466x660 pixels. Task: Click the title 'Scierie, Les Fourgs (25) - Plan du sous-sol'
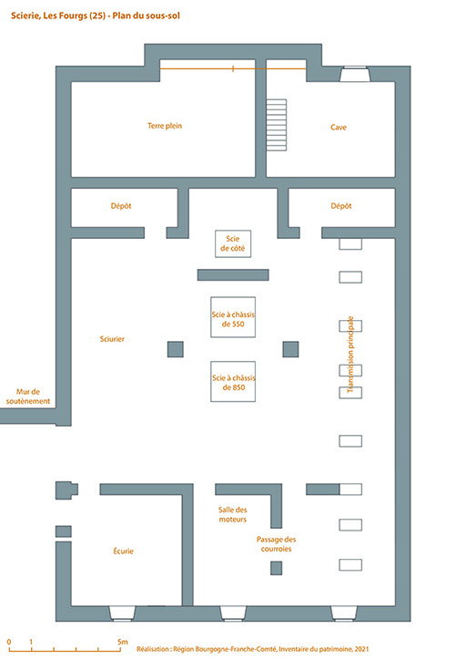(x=96, y=16)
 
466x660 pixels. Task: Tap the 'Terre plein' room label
(x=165, y=126)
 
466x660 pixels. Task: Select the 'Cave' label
(x=339, y=127)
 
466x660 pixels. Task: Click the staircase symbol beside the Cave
(x=277, y=125)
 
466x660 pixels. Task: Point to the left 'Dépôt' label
(x=121, y=206)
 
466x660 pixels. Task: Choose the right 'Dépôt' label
(x=341, y=206)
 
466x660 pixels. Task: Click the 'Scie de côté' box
(x=233, y=243)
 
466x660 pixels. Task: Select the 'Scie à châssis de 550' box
(x=233, y=317)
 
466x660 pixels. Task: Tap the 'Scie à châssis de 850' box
(x=233, y=381)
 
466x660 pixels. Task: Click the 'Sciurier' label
(x=112, y=339)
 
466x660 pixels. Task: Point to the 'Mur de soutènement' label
(x=28, y=397)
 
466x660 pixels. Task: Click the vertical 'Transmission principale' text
(x=350, y=355)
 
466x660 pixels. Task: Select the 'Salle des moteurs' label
(x=233, y=514)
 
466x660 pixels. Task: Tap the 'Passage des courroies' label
(x=276, y=544)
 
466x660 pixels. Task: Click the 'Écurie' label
(x=123, y=551)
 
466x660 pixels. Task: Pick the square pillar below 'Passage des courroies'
(x=276, y=568)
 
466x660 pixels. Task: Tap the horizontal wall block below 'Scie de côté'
(x=233, y=275)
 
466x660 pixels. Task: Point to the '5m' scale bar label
(x=122, y=642)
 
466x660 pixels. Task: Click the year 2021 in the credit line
(x=361, y=649)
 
